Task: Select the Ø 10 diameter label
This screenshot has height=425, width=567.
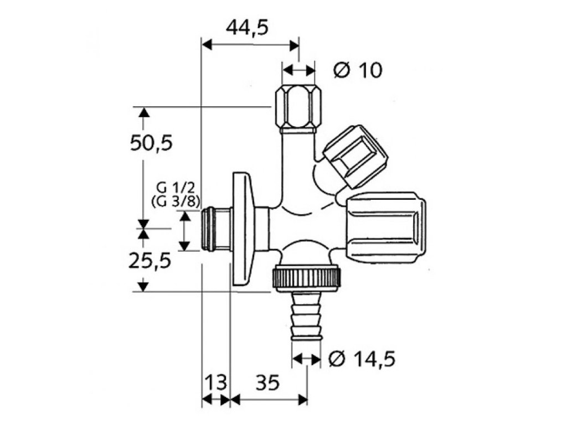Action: coord(358,70)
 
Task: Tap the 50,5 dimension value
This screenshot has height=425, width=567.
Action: coord(151,143)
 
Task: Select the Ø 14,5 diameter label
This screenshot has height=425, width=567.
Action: coord(361,360)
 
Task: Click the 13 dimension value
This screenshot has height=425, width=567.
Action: coord(216,382)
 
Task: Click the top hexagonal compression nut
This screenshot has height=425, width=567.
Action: coord(298,106)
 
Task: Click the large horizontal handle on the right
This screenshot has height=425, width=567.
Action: coord(386,227)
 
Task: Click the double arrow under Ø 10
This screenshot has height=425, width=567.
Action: coord(298,71)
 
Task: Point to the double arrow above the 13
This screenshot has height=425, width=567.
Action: coord(216,400)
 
